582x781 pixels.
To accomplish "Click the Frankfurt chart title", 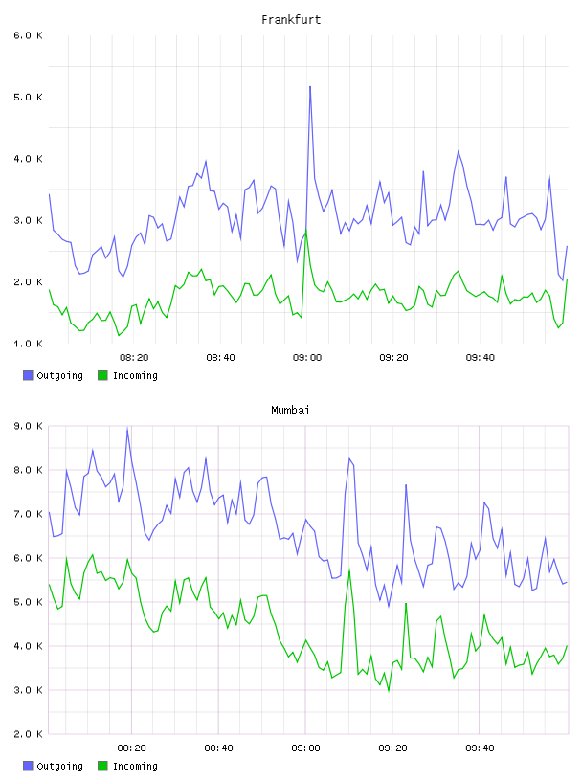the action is (291, 20).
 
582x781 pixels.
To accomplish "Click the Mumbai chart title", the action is (290, 411).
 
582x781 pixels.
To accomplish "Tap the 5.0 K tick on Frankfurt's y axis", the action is (29, 97).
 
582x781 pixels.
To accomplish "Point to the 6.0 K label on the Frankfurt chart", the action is (29, 35).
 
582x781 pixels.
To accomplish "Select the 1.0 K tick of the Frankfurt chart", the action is (29, 344).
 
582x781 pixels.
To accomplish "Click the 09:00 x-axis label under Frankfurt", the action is (307, 358).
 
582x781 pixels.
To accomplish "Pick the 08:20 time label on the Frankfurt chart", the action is (134, 358).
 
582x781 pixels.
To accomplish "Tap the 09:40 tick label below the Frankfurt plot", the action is (481, 358).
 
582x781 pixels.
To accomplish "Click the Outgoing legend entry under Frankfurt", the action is (53, 375).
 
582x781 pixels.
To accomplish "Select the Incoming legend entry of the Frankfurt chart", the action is (127, 375).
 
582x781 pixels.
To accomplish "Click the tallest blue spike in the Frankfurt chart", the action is (310, 87).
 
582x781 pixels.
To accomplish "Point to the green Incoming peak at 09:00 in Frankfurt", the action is (306, 230).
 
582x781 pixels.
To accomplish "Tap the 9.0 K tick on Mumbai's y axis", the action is (29, 426).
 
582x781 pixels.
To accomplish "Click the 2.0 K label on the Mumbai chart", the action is (29, 734).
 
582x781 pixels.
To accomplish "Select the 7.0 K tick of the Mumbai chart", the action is (29, 514).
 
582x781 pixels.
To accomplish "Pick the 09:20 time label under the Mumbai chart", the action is (392, 748).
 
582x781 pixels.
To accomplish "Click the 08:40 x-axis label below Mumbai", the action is (219, 748).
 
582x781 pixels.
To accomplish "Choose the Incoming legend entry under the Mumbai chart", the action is (127, 766).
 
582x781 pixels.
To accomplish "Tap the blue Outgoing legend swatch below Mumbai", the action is (28, 766).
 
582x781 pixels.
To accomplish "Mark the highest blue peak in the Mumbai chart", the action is (127, 429).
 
